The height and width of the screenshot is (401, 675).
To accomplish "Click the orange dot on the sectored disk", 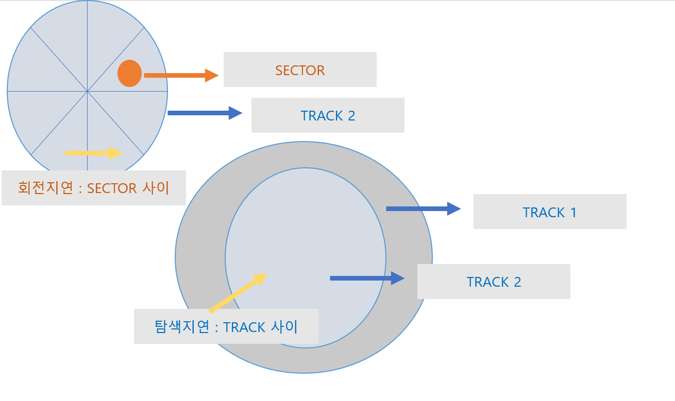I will click(x=129, y=73).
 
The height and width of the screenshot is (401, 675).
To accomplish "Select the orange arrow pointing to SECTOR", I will click(x=181, y=75).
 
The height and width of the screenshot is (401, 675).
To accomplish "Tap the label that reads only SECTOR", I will click(x=300, y=70).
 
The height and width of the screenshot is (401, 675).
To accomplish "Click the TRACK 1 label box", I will click(x=550, y=212).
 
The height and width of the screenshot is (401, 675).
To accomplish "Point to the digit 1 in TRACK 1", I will click(x=573, y=213).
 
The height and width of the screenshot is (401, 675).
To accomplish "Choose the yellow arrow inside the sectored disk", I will click(x=93, y=153).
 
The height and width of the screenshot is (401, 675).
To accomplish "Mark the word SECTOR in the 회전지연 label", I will click(x=112, y=188).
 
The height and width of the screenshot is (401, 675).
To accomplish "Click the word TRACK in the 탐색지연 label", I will click(x=245, y=327).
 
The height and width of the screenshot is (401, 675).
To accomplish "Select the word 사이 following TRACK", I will click(x=284, y=327).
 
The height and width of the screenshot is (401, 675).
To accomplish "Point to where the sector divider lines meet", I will click(x=87, y=92).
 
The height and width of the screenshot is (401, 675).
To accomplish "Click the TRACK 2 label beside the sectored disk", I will click(x=328, y=116).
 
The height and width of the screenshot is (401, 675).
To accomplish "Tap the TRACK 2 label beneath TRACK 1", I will click(x=494, y=282).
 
